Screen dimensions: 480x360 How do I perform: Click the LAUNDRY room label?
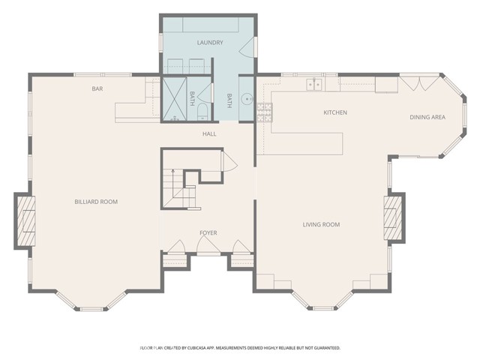[x=210, y=43]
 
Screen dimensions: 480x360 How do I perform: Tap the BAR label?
[x=97, y=88]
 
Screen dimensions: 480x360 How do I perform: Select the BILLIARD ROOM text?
[x=96, y=202]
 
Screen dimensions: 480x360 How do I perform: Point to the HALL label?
[x=209, y=133]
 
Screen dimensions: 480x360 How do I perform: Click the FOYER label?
[x=208, y=233]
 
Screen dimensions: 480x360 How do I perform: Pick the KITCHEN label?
[x=335, y=112]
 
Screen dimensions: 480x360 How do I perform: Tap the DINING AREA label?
[x=427, y=117]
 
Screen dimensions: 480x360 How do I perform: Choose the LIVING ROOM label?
[x=321, y=225]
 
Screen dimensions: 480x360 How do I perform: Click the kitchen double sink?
[x=314, y=84]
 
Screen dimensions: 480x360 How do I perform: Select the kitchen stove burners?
[x=265, y=112]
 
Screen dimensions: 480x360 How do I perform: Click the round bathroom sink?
[x=247, y=99]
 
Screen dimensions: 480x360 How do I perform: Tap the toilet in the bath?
[x=202, y=112]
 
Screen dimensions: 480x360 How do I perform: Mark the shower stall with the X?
[x=174, y=98]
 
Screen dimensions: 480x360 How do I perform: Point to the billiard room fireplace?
[x=25, y=221]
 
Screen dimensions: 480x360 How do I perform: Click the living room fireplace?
[x=393, y=217]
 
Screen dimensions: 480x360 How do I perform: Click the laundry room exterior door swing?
[x=247, y=46]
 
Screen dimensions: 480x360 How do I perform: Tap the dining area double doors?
[x=420, y=83]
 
